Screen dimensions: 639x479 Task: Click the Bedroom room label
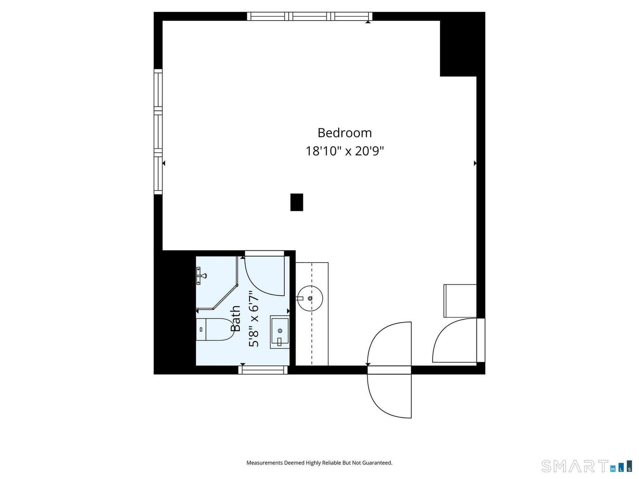pos(344,133)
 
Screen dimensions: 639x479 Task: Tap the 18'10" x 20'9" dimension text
pos(344,151)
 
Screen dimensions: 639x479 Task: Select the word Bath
pos(236,318)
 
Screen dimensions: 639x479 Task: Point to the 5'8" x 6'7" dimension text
pos(254,318)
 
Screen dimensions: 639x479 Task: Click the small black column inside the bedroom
pos(297,202)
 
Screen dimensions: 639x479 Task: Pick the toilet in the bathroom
pos(215,329)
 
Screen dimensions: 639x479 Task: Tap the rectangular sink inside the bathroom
pos(280,332)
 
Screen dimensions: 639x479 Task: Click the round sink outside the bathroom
pos(310,298)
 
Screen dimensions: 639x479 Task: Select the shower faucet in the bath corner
pos(201,276)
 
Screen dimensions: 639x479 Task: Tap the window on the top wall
pos(310,16)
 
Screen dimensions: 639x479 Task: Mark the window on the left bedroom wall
pos(158,132)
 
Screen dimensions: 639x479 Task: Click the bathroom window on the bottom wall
pos(263,370)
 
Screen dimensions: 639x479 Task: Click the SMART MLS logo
pos(587,466)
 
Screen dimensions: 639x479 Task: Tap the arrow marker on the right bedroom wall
pos(475,163)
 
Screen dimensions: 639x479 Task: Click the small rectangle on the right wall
pos(460,301)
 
